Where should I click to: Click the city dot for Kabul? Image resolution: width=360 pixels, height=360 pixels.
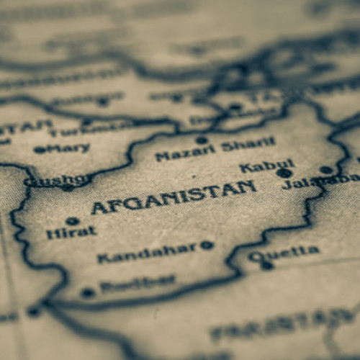point(284,174)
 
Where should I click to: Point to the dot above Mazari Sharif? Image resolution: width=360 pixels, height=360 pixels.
point(202,140)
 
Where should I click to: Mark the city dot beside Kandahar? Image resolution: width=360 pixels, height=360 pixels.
point(207,245)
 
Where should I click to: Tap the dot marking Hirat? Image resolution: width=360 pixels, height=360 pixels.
point(72,221)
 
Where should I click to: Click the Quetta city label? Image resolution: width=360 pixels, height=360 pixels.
point(284,253)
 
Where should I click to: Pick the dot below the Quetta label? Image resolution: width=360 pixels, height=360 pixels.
point(268,265)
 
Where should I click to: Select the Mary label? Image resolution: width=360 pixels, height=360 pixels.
point(69,148)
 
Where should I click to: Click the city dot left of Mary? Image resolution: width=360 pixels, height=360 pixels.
point(39,150)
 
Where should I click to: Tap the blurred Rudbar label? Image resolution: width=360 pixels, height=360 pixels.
point(138,284)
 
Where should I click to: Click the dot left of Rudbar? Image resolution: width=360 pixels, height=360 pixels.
point(88,292)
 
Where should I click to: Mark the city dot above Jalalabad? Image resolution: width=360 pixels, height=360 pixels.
point(327,170)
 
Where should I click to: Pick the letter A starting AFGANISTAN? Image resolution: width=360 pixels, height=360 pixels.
point(99,209)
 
